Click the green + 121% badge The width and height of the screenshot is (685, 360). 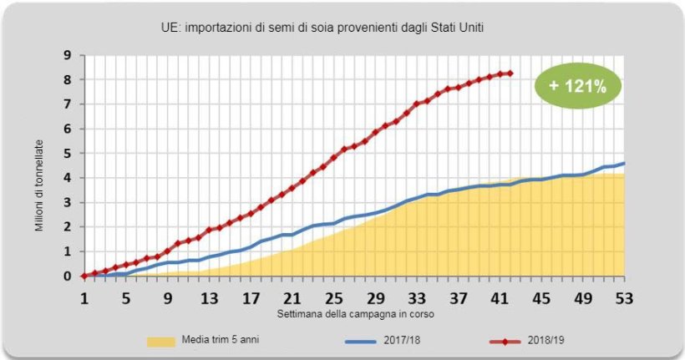(577, 85)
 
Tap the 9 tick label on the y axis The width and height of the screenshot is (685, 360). (66, 55)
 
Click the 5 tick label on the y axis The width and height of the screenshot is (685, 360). (66, 153)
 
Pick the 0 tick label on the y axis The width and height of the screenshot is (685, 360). (66, 276)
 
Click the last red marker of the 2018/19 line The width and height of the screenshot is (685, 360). (510, 74)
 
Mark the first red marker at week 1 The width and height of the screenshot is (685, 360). (84, 276)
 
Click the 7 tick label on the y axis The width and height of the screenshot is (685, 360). (66, 104)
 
